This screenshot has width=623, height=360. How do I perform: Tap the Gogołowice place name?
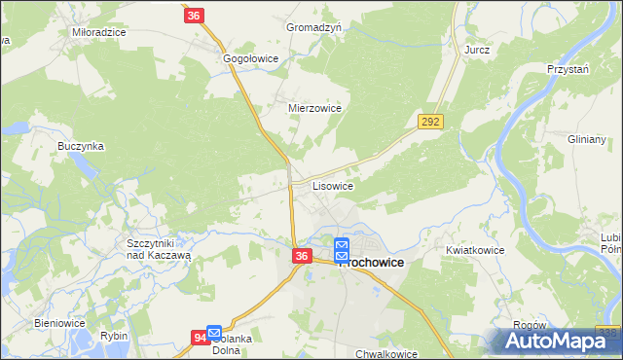(251, 59)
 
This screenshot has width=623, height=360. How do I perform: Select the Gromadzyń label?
(313, 27)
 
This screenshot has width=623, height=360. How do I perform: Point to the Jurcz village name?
(477, 49)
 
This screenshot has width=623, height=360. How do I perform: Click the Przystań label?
(569, 71)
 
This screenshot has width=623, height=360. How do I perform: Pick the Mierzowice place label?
(314, 109)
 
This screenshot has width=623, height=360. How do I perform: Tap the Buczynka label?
(80, 146)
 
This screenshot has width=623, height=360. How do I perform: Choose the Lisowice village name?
(332, 185)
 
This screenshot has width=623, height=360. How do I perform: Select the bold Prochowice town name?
(371, 263)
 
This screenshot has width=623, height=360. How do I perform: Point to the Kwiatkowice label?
(475, 250)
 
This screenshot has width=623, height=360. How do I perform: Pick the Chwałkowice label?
(386, 354)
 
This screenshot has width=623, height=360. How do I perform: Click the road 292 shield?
(430, 122)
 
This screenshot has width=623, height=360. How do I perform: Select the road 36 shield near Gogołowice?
(195, 16)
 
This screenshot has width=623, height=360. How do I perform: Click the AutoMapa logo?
(555, 342)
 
